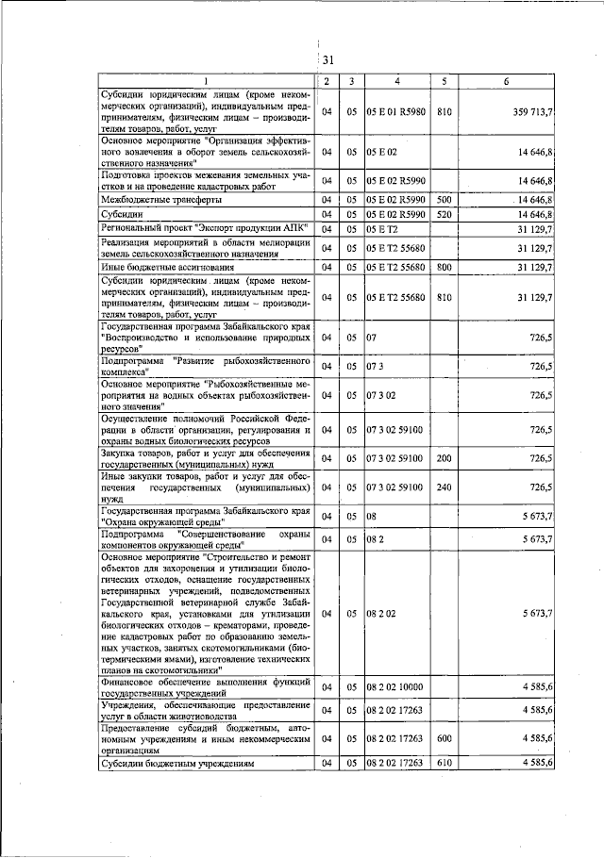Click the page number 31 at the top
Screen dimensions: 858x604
(327, 60)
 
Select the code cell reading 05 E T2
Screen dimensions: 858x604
(383, 228)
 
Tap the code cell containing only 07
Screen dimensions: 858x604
(372, 336)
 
